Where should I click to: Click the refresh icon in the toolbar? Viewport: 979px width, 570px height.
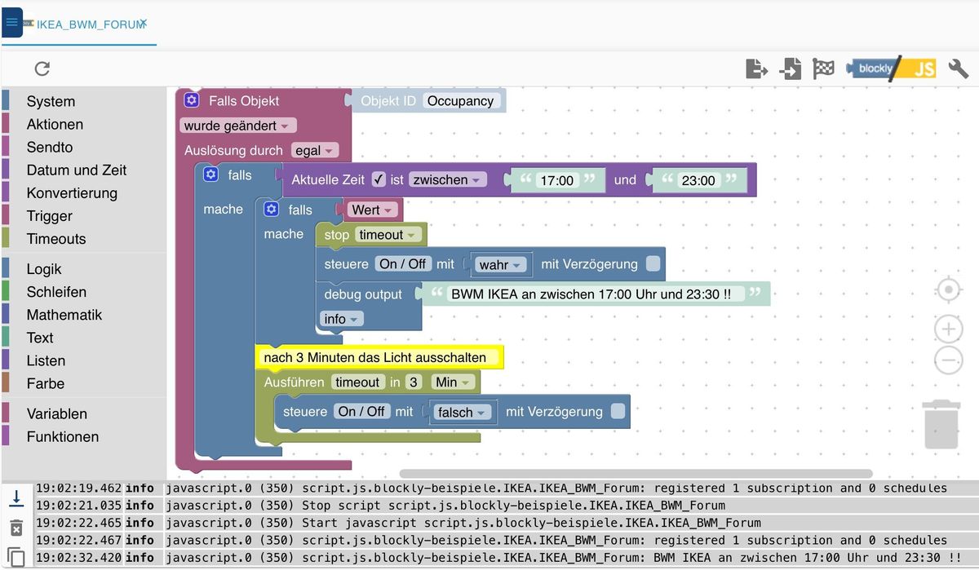(42, 68)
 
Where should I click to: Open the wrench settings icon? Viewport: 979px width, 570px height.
(959, 68)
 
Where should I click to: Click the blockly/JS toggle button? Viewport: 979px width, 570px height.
(891, 68)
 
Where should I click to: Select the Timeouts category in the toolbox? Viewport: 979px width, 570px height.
(55, 239)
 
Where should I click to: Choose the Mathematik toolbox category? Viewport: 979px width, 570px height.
(64, 315)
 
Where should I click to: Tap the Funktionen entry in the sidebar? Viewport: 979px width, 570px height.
(62, 437)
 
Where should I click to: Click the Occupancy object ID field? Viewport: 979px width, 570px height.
(460, 101)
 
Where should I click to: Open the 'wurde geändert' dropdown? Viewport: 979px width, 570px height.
(237, 126)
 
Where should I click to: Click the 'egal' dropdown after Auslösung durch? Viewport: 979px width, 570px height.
(315, 150)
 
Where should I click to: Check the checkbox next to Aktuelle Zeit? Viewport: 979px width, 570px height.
(379, 179)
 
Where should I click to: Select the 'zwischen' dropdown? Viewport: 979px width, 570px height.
(448, 180)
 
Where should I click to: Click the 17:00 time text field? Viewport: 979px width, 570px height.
(556, 181)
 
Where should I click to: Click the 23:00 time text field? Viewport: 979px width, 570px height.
(698, 181)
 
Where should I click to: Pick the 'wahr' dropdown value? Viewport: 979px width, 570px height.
(499, 265)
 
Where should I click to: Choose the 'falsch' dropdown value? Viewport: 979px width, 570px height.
(462, 413)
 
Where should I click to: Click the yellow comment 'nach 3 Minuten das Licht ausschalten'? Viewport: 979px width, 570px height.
(375, 357)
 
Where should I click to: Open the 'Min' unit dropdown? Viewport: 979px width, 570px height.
(452, 382)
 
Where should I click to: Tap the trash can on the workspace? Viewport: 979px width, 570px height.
(941, 424)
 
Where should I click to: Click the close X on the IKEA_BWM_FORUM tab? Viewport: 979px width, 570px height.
(143, 24)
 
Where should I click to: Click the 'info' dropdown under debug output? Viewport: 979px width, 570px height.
(341, 319)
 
